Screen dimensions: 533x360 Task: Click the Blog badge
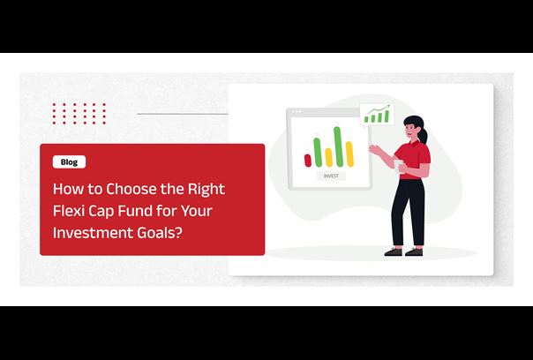69,162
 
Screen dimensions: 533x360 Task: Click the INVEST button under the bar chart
331,176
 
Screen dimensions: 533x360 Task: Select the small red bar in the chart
308,161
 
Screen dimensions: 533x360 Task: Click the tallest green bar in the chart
338,146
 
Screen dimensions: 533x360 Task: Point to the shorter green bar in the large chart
318,153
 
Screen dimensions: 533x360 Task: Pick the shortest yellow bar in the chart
328,157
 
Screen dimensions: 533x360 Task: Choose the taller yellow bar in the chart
349,154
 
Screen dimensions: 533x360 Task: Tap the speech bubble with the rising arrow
377,115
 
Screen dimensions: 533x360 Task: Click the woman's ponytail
423,134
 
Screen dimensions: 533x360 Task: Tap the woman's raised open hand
375,149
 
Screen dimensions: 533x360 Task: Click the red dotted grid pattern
79,114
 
